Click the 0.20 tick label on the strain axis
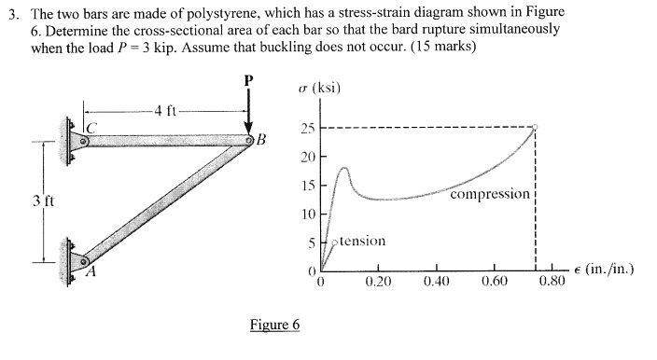377,279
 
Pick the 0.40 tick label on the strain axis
436,279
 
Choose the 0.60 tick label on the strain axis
495,279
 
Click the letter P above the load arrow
248,80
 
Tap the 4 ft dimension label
165,114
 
